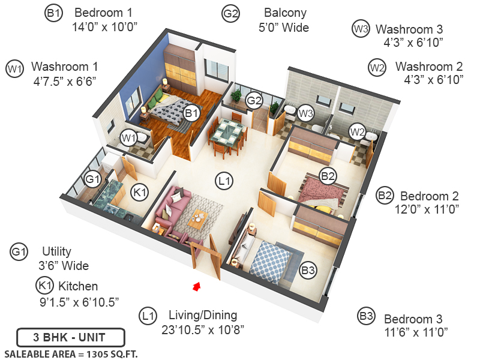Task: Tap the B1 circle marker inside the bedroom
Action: pyautogui.click(x=191, y=112)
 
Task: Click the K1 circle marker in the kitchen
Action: pyautogui.click(x=140, y=193)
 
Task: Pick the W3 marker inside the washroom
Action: pyautogui.click(x=306, y=112)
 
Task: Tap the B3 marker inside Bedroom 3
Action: pyautogui.click(x=308, y=271)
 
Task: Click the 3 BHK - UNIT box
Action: pyautogui.click(x=70, y=337)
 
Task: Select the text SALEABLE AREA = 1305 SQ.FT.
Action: pyautogui.click(x=71, y=353)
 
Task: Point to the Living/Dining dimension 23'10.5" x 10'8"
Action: pyautogui.click(x=203, y=329)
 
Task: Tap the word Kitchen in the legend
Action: pyautogui.click(x=77, y=286)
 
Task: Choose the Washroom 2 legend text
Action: pyautogui.click(x=428, y=67)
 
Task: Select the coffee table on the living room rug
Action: pyautogui.click(x=199, y=220)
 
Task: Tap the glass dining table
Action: pyautogui.click(x=228, y=130)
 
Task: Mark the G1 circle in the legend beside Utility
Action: pyautogui.click(x=19, y=253)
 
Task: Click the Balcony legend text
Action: pyautogui.click(x=285, y=13)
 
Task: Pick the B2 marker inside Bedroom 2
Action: pyautogui.click(x=328, y=176)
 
